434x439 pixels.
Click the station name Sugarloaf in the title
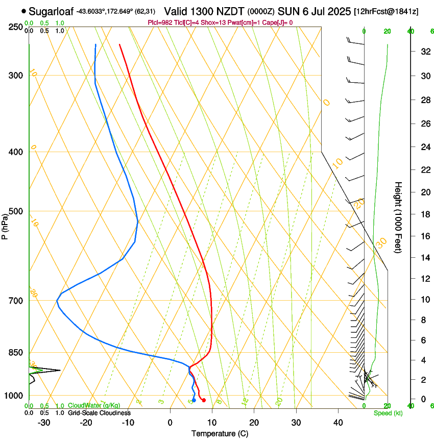(x=51, y=11)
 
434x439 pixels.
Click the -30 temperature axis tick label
(x=44, y=423)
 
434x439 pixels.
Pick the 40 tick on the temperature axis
(x=338, y=423)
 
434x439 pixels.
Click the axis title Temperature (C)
(x=220, y=433)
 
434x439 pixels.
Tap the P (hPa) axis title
(x=5, y=225)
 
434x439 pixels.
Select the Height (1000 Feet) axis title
(x=399, y=217)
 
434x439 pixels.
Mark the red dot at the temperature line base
(x=204, y=400)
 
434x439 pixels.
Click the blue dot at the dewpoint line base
(x=194, y=400)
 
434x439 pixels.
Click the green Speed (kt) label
(x=388, y=412)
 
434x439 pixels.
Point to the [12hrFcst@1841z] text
(x=386, y=11)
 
